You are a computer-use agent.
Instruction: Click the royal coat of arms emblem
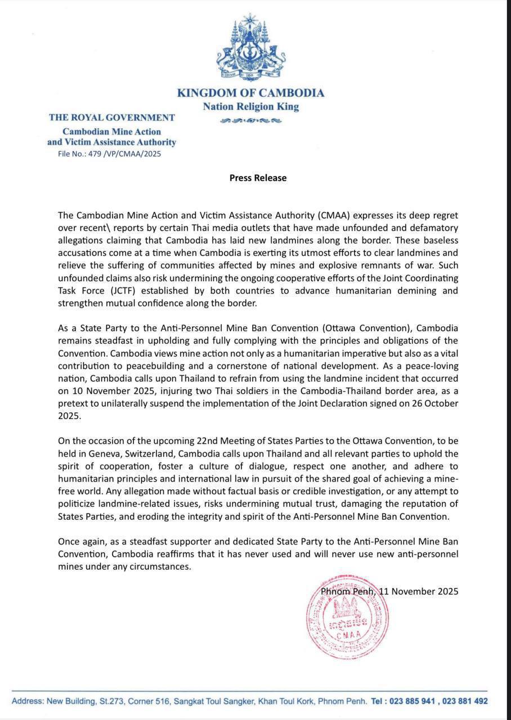tap(250, 49)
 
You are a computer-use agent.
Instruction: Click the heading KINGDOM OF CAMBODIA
tap(250, 93)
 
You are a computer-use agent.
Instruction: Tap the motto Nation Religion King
tap(250, 106)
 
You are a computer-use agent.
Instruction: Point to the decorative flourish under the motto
tap(250, 120)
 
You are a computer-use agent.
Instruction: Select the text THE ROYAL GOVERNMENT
tap(111, 118)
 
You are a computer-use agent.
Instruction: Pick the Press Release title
tap(258, 178)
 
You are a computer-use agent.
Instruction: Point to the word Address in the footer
tap(27, 701)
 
